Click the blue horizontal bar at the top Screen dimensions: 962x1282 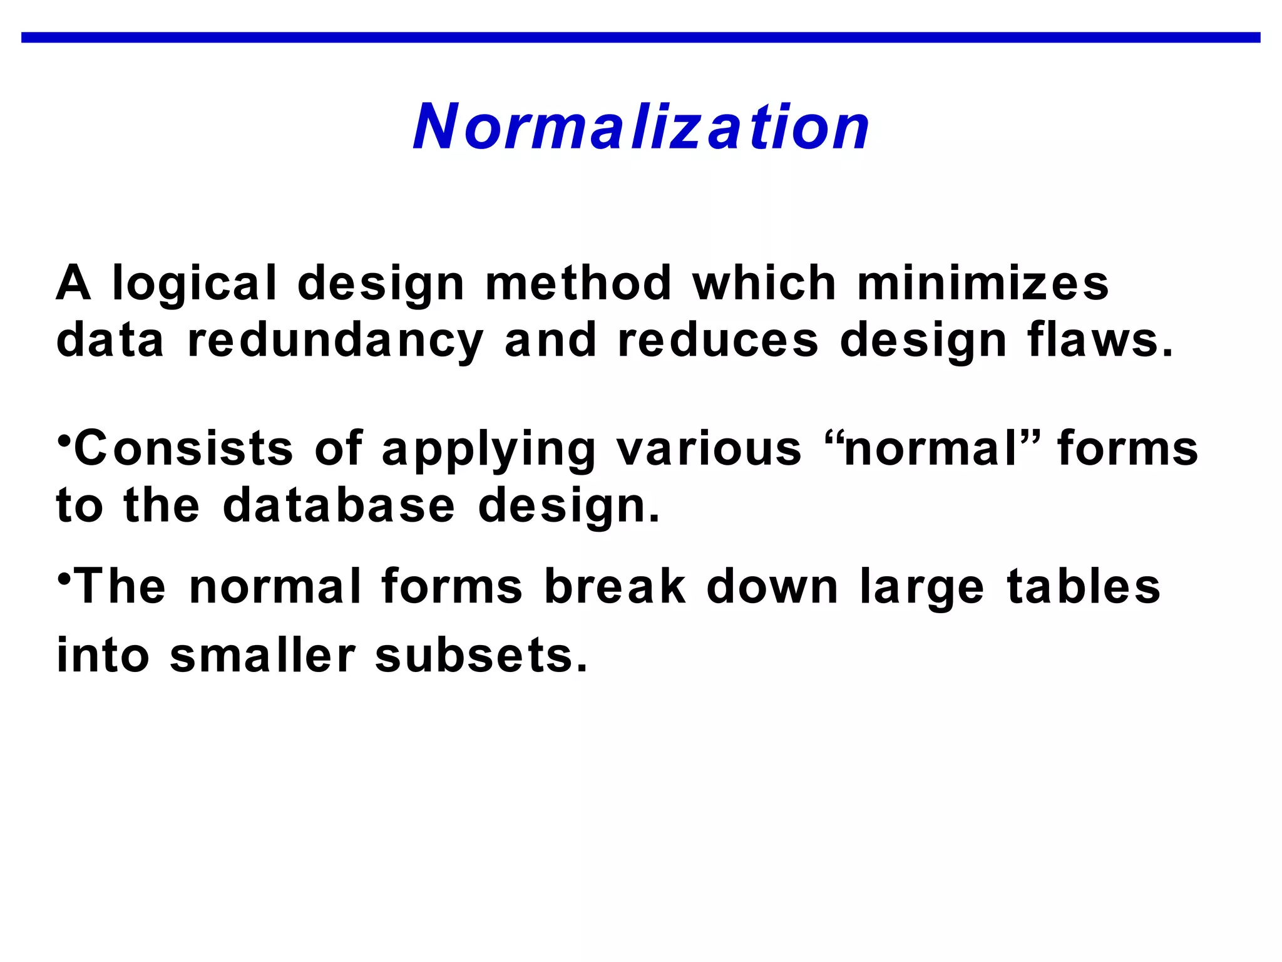click(641, 38)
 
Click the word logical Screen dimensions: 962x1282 click(194, 283)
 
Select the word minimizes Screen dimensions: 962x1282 click(982, 283)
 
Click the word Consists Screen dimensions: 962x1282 click(183, 448)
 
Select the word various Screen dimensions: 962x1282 click(709, 448)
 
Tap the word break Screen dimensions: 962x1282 click(615, 587)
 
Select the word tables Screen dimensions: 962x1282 click(1083, 587)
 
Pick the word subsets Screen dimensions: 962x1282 click(481, 656)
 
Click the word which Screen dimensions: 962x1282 click(764, 283)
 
